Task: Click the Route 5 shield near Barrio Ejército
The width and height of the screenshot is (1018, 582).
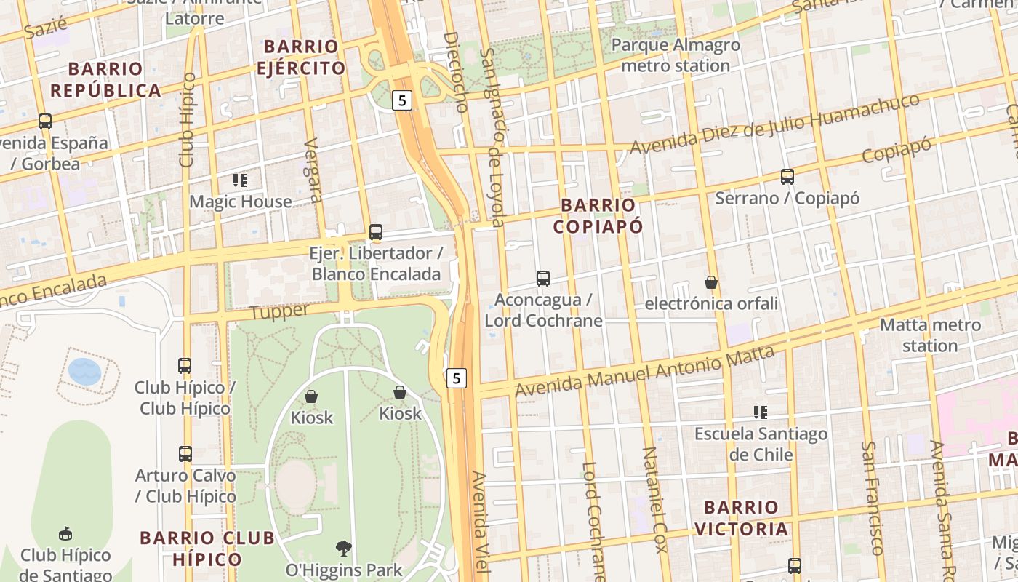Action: (x=401, y=100)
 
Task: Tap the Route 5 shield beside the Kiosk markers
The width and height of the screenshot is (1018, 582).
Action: (x=456, y=378)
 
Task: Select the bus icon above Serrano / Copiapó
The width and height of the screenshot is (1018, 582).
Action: (x=787, y=176)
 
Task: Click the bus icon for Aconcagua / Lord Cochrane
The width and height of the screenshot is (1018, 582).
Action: (x=543, y=278)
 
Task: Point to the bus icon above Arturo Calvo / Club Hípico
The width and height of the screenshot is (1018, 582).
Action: (x=185, y=453)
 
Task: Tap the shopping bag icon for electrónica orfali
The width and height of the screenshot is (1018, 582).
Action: (x=711, y=282)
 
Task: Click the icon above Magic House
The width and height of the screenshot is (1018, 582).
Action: (x=240, y=180)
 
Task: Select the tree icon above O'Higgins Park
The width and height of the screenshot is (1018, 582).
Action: (x=343, y=548)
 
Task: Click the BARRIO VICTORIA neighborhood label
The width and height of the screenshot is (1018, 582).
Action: (x=741, y=518)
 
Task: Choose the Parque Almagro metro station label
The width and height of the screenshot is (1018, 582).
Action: (x=676, y=55)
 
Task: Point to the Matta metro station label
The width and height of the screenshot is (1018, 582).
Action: (x=930, y=335)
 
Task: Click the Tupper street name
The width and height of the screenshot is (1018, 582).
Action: (x=280, y=311)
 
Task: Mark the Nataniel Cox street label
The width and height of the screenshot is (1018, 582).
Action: (x=654, y=501)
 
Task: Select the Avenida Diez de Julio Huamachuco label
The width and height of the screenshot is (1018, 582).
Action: (x=774, y=124)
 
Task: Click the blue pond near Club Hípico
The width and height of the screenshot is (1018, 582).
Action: (x=84, y=371)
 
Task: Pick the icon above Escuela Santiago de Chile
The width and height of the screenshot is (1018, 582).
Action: (x=761, y=412)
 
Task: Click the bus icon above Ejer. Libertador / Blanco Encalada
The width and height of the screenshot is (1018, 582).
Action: (x=376, y=232)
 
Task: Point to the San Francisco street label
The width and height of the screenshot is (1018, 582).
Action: (x=873, y=498)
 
